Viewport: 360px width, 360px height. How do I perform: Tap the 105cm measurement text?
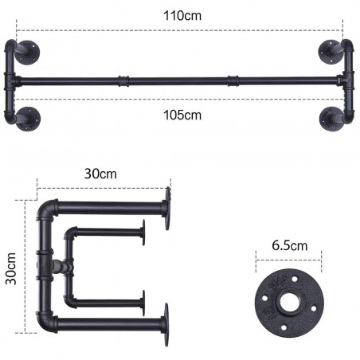coord(182,115)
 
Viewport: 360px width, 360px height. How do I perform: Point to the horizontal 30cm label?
coord(101,173)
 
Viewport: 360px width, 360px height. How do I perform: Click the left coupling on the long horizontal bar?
coord(123,80)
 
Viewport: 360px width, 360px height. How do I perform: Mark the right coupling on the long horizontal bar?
coord(233,80)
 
